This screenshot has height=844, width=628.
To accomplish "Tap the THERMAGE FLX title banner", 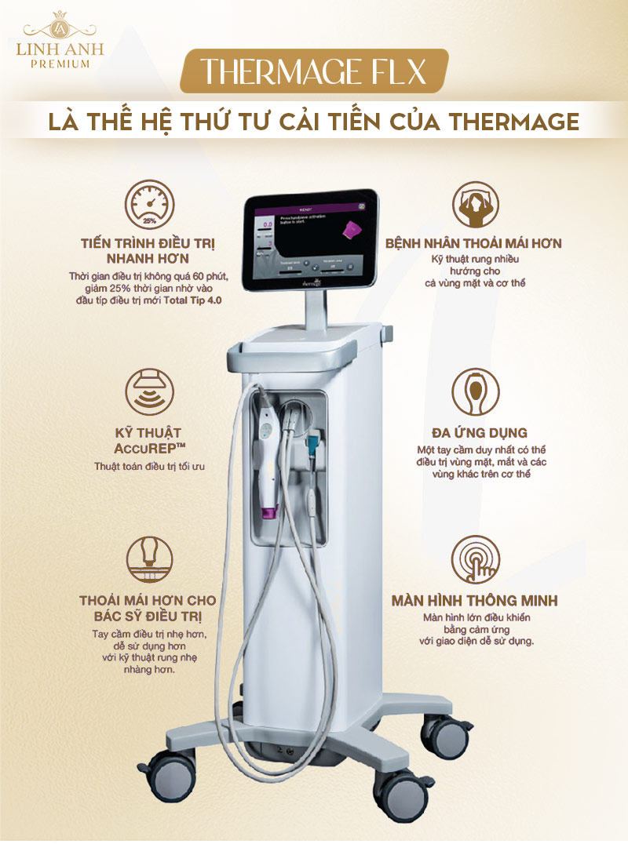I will (314, 71).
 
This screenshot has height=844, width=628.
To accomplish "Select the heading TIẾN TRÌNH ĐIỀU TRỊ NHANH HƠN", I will (149, 250).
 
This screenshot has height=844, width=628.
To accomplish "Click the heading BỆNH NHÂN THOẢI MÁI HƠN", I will (473, 244).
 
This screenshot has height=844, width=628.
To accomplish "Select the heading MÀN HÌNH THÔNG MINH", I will (474, 601).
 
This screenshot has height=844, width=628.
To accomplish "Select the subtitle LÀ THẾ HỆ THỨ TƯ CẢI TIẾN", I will (314, 122).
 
